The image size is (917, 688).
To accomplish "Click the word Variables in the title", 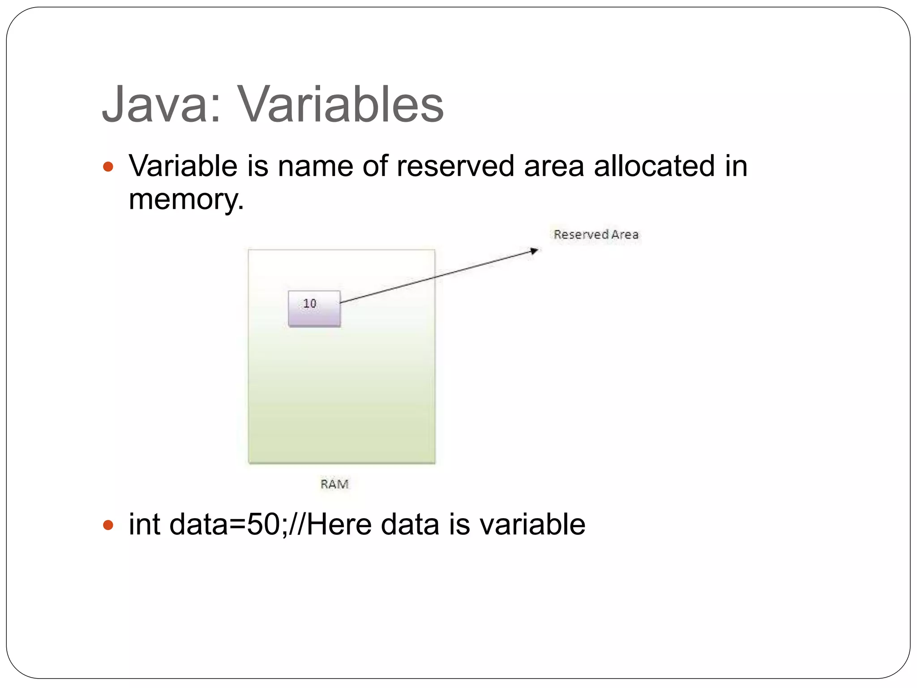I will click(340, 105).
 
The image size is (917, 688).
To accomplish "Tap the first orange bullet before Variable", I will click(108, 167).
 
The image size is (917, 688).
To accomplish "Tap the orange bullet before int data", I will click(108, 525).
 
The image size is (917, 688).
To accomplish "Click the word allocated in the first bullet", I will click(654, 166).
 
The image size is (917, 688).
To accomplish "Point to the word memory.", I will click(186, 199).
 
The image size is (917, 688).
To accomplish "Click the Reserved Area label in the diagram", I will click(596, 235).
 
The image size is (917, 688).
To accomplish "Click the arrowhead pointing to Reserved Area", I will click(534, 251).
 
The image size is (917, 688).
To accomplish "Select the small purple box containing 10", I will click(314, 309).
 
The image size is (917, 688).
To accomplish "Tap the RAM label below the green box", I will click(334, 484).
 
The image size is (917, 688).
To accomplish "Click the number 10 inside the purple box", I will click(309, 304).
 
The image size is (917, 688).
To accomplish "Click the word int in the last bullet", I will click(144, 525).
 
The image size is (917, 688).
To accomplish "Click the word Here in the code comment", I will click(339, 525).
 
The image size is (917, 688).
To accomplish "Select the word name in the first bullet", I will click(315, 166).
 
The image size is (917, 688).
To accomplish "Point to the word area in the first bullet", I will click(554, 166).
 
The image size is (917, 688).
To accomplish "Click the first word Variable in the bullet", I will click(183, 166).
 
